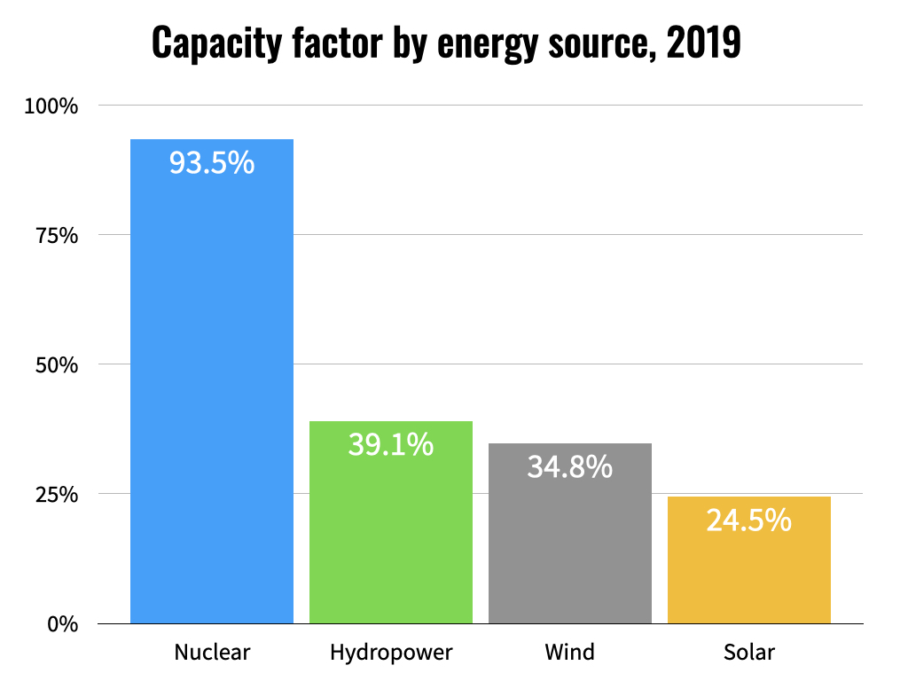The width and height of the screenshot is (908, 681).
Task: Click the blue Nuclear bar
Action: [212, 381]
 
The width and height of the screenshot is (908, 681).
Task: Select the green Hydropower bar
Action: [391, 532]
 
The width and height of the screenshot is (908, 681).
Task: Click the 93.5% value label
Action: [212, 163]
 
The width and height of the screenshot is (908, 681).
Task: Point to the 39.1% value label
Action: [391, 444]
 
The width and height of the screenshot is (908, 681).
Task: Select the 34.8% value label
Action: [570, 466]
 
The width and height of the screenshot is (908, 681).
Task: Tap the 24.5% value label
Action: [749, 521]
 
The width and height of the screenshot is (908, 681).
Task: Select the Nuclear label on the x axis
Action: [212, 654]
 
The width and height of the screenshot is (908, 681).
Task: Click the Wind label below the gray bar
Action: [570, 654]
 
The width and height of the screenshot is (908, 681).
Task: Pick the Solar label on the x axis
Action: [749, 654]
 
